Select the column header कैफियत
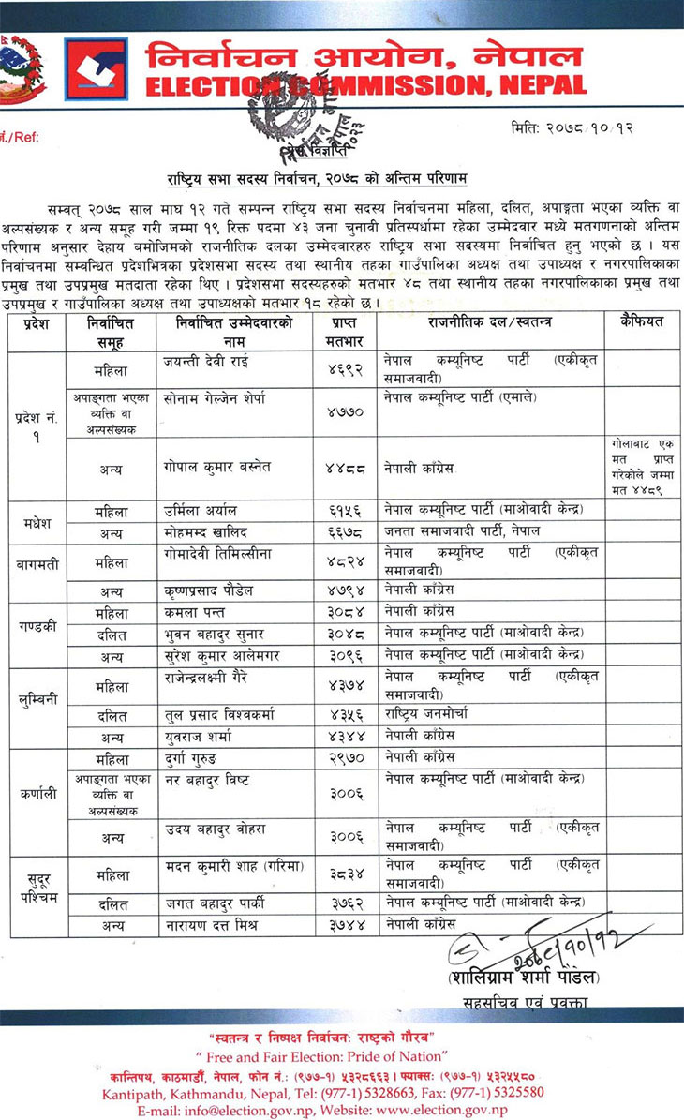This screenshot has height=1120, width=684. coord(642,321)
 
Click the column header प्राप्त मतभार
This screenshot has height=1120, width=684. coord(344,331)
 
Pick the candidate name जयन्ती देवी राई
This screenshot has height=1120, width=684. coord(207,360)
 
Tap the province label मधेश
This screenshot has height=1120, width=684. coord(37,521)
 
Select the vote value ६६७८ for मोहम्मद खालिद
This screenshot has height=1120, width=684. coord(345,531)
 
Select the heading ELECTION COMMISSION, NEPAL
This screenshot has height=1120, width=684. coord(365,86)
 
